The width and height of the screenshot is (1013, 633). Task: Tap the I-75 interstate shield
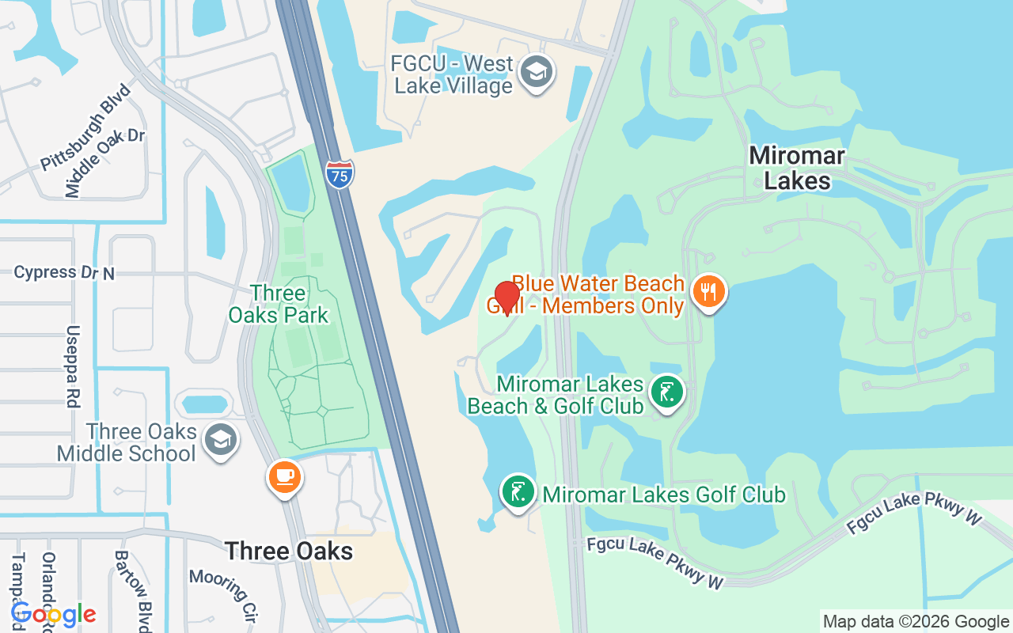tap(340, 173)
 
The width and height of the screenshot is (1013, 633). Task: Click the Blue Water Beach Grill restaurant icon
tap(709, 292)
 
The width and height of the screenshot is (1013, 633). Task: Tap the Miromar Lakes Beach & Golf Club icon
tap(667, 392)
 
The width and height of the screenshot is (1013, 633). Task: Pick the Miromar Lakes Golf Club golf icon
tap(518, 492)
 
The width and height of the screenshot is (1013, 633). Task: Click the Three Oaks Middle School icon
tap(220, 441)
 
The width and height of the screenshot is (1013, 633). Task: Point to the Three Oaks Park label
tap(279, 304)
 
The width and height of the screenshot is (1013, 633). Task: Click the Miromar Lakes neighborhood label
tap(797, 168)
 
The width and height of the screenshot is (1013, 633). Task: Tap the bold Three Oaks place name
tap(289, 551)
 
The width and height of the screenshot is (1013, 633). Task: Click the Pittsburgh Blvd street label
tap(86, 127)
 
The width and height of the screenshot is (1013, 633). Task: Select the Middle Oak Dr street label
tap(105, 162)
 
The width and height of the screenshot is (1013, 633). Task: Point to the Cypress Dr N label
tap(64, 273)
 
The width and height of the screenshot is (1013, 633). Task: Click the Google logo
tap(53, 614)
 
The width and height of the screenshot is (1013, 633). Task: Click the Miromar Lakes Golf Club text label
tap(664, 495)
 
